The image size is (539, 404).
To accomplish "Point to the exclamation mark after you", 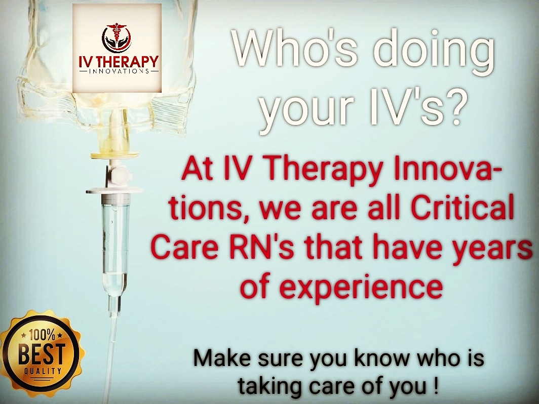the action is pyautogui.click(x=436, y=385).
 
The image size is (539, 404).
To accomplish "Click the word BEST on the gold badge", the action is pyautogui.click(x=41, y=354).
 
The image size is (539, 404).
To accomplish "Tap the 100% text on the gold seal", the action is pyautogui.click(x=42, y=334).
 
